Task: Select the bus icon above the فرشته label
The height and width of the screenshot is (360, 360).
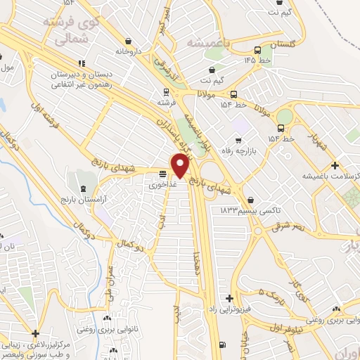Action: [x=166, y=91]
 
